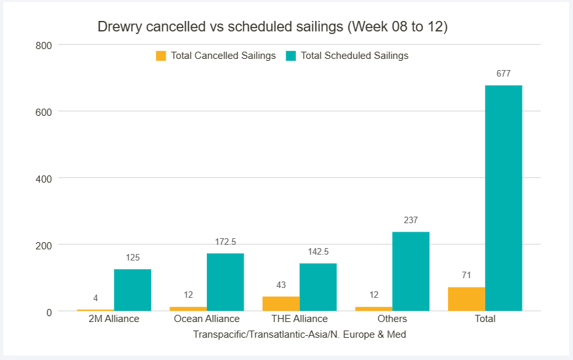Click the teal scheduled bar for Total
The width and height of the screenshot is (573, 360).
pyautogui.click(x=504, y=198)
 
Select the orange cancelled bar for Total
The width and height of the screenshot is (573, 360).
pyautogui.click(x=466, y=299)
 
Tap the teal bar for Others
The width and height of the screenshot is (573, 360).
pyautogui.click(x=411, y=271)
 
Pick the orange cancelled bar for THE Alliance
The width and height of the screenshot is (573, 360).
pyautogui.click(x=281, y=304)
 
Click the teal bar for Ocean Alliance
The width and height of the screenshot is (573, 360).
pyautogui.click(x=225, y=282)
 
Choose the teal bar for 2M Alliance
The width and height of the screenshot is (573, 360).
pyautogui.click(x=132, y=290)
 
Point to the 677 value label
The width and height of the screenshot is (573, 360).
pyautogui.click(x=504, y=74)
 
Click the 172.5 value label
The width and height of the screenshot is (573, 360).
pyautogui.click(x=225, y=242)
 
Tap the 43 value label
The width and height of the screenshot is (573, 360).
pyautogui.click(x=281, y=285)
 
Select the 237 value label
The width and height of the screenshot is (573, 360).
pyautogui.click(x=411, y=221)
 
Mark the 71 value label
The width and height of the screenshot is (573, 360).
pyautogui.click(x=466, y=276)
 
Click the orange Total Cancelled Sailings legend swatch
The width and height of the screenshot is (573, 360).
pyautogui.click(x=161, y=56)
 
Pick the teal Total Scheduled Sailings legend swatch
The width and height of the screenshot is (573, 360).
pyautogui.click(x=291, y=56)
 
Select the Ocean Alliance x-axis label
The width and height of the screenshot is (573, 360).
pyautogui.click(x=207, y=319)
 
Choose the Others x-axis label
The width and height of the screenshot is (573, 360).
pyautogui.click(x=392, y=319)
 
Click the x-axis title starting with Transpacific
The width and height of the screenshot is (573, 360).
pyautogui.click(x=299, y=334)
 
